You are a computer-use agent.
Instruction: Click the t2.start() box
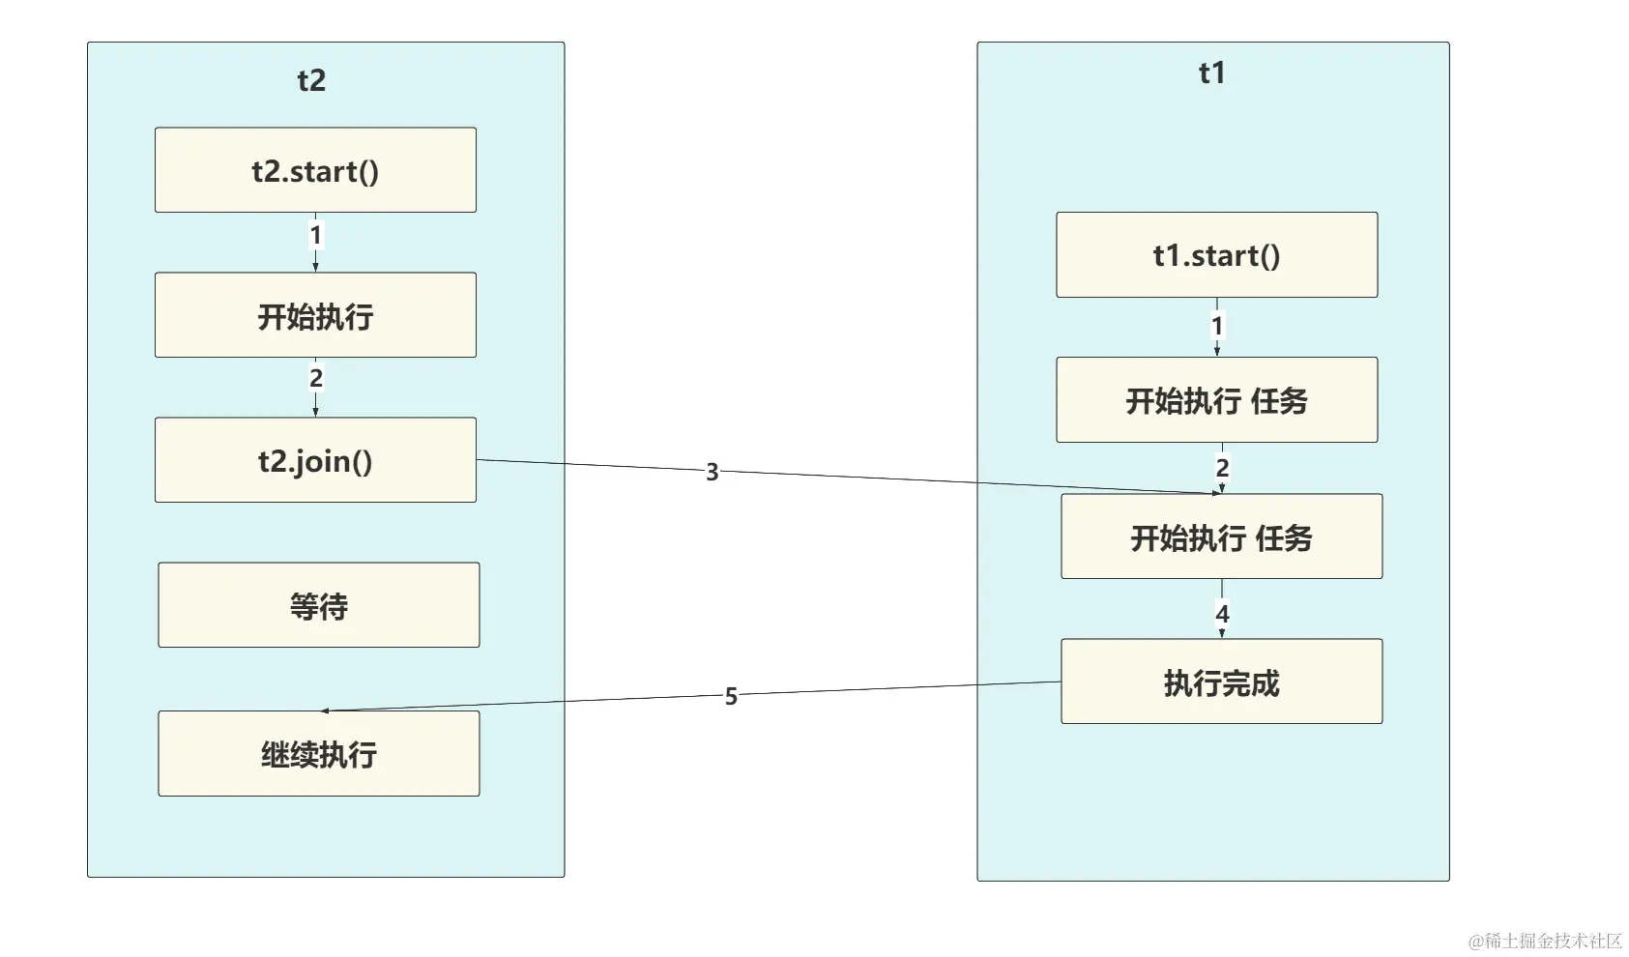(x=315, y=170)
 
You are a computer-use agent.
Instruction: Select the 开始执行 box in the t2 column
(x=315, y=315)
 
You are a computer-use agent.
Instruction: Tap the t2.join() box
(x=315, y=460)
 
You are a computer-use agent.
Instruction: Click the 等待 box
(x=319, y=605)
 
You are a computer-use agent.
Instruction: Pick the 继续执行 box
(x=319, y=754)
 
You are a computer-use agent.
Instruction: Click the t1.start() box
(x=1216, y=255)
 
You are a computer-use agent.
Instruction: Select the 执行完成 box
(x=1221, y=681)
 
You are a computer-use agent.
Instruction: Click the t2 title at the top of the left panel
(x=311, y=80)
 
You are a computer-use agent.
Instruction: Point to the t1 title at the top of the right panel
(x=1211, y=72)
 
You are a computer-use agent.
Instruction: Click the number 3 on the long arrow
(x=713, y=472)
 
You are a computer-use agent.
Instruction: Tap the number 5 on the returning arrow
(x=731, y=696)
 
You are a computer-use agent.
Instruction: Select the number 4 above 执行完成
(x=1222, y=614)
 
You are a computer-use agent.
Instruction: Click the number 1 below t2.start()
(x=315, y=235)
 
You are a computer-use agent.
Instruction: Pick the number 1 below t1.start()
(x=1217, y=326)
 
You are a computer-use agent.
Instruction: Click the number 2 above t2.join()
(x=315, y=378)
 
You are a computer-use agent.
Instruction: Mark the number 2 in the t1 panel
(x=1222, y=468)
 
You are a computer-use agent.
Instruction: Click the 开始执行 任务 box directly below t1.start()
(x=1216, y=400)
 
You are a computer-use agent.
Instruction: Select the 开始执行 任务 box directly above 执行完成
(x=1221, y=536)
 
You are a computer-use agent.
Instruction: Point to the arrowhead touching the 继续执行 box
(x=326, y=710)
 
